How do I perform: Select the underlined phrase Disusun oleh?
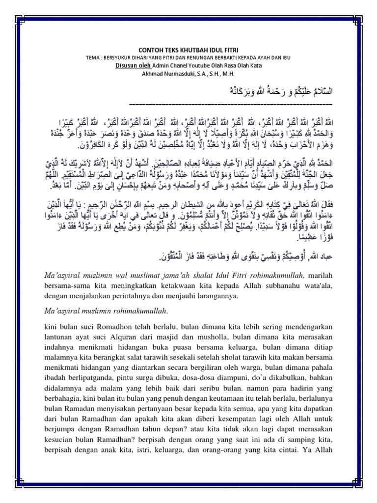[133, 65]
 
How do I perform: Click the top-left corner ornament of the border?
[20, 21]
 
